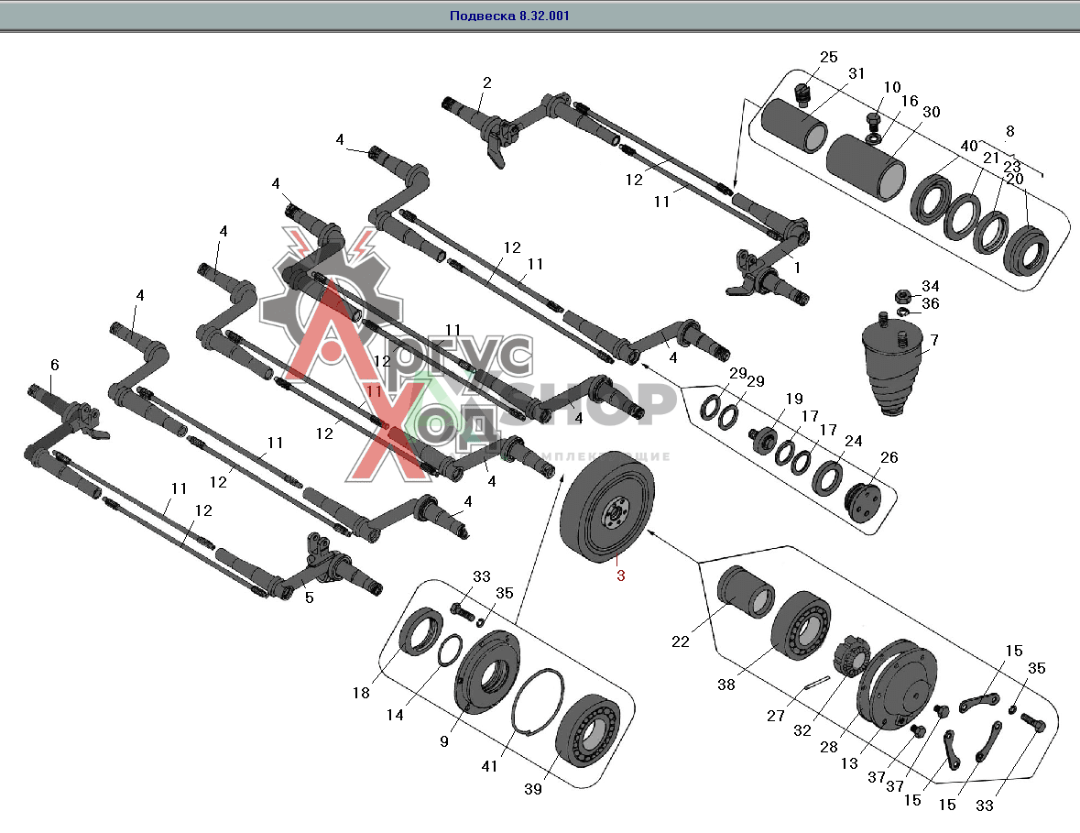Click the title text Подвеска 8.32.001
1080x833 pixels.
(509, 16)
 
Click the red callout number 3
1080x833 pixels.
(620, 575)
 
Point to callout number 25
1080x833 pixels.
(829, 58)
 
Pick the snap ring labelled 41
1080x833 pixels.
(537, 703)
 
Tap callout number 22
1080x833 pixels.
(680, 641)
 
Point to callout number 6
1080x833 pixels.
(55, 365)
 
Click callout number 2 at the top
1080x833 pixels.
(486, 82)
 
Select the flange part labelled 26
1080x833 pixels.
(860, 500)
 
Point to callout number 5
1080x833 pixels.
(309, 597)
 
